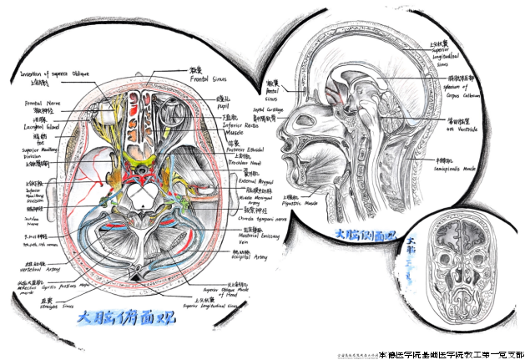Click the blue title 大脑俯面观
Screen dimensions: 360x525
pyautogui.click(x=122, y=317)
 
